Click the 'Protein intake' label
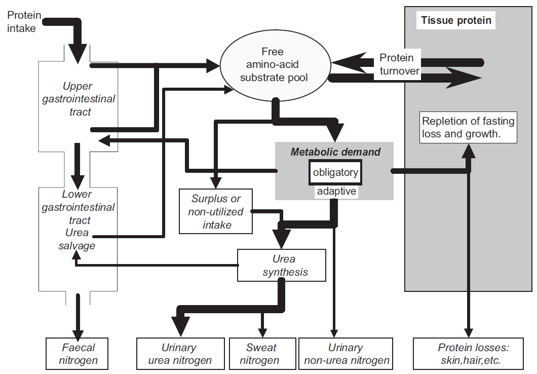(x=22, y=22)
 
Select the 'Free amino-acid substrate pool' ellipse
(x=273, y=65)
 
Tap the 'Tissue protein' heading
(x=456, y=21)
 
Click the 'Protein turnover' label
(x=399, y=64)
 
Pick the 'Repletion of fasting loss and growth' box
(x=468, y=127)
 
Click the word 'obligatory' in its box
(x=335, y=172)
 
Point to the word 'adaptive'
(x=335, y=192)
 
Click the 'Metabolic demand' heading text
(x=335, y=152)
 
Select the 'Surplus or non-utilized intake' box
(x=216, y=212)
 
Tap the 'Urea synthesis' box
(x=282, y=265)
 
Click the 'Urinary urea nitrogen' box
(x=179, y=354)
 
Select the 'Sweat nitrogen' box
(x=261, y=354)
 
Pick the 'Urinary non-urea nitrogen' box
(x=345, y=354)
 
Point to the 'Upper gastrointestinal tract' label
(x=78, y=99)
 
